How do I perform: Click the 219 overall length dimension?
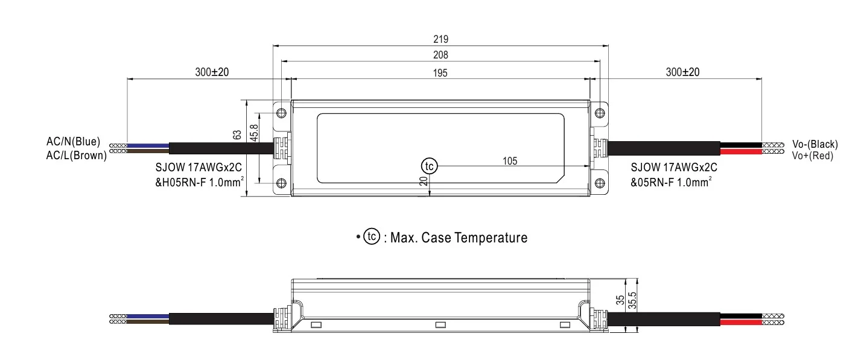[440, 39]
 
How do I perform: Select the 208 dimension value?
[440, 55]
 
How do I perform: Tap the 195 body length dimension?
[440, 73]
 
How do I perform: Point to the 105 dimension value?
[510, 160]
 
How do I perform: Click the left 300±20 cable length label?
[212, 72]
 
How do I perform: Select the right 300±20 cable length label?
[682, 72]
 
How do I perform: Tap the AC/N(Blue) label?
[73, 142]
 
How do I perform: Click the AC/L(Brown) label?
[76, 155]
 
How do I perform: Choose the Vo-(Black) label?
[815, 144]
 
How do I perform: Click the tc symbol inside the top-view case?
[428, 166]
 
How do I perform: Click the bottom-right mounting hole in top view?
[599, 183]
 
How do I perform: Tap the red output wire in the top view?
[740, 152]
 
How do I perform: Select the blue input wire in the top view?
[148, 145]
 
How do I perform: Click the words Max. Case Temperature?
[459, 238]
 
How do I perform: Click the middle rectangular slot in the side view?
[440, 325]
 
